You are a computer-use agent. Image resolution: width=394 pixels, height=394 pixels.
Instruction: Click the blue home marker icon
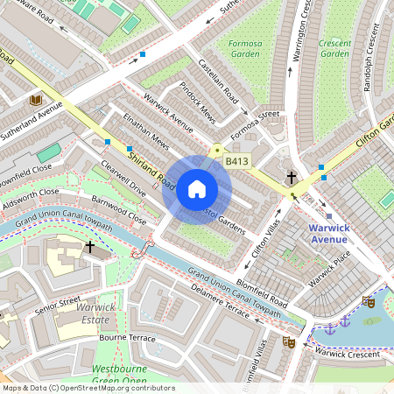pyautogui.click(x=197, y=189)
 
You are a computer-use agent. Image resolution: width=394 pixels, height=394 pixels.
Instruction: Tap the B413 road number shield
pyautogui.click(x=236, y=161)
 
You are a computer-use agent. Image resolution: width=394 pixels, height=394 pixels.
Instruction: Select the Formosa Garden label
pyautogui.click(x=245, y=47)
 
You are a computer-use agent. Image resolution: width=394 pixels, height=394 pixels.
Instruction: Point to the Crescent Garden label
pyautogui.click(x=334, y=47)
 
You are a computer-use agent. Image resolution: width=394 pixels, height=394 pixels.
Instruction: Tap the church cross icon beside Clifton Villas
pyautogui.click(x=291, y=178)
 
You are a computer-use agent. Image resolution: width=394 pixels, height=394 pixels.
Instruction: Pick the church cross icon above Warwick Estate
pyautogui.click(x=89, y=248)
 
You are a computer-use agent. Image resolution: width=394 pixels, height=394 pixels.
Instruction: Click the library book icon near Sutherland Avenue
pyautogui.click(x=36, y=101)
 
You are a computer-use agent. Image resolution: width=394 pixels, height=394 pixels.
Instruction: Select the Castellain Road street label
pyautogui.click(x=219, y=84)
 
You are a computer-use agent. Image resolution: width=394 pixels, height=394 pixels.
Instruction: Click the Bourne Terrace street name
pyautogui.click(x=127, y=338)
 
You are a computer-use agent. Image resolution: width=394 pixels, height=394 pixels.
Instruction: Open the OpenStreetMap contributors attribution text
pyautogui.click(x=88, y=388)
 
